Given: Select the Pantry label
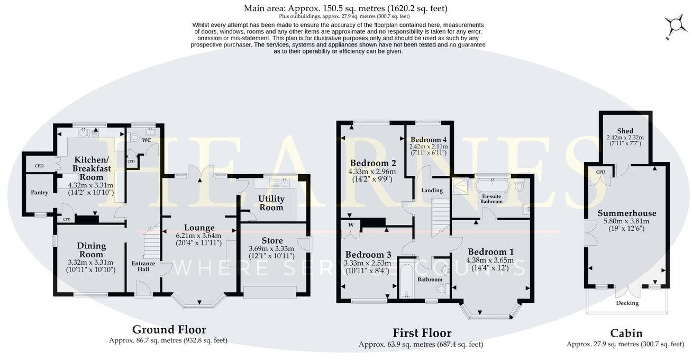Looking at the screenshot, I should [39, 193].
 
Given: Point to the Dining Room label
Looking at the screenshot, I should [92, 250].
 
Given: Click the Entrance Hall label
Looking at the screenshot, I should [143, 266].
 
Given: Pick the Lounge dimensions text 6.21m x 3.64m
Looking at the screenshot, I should [198, 236].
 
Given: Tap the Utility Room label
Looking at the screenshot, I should [271, 203].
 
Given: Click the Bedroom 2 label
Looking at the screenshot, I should [370, 163].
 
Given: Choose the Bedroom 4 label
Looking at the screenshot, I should [428, 139].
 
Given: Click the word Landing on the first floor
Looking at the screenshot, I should [431, 190].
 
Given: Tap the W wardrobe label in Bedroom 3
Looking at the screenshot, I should [350, 224].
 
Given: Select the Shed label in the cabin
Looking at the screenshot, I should [625, 131].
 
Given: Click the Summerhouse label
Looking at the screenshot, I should [626, 213].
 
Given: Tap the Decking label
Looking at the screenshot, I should [627, 303].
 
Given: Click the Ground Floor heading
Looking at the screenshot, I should [169, 330].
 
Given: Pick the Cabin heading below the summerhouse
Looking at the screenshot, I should [626, 333].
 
